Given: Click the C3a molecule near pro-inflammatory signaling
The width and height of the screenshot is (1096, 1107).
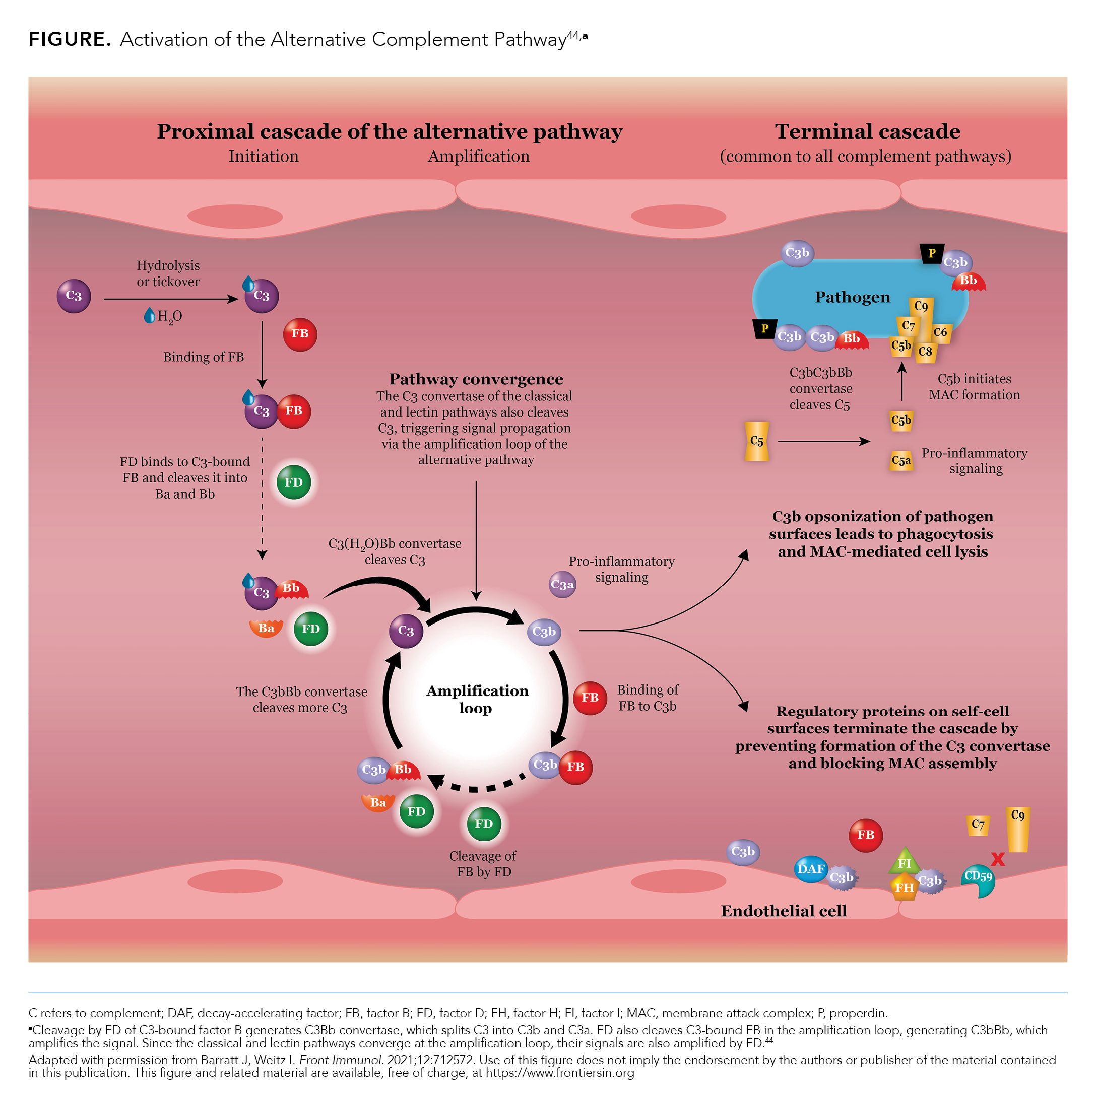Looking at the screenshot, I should (562, 584).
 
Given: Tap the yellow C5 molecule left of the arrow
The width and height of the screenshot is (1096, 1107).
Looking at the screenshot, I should (757, 441).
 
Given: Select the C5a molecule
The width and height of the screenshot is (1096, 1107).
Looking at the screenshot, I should (900, 461).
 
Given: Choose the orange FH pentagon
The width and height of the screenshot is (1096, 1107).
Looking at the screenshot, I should (904, 887).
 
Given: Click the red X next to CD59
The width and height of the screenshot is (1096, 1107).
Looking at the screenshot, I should (998, 859).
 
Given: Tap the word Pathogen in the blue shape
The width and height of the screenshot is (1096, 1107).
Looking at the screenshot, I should (853, 297).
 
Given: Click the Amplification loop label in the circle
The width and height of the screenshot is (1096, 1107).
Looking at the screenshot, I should (477, 699).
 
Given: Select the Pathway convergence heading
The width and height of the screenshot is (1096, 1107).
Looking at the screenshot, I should (476, 379).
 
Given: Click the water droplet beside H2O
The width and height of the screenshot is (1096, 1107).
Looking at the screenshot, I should (149, 315).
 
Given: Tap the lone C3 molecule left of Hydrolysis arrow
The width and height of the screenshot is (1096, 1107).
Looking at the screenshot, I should (74, 296).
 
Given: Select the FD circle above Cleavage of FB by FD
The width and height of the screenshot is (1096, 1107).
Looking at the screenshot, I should (484, 824).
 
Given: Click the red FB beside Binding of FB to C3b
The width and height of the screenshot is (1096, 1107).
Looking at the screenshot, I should (590, 698).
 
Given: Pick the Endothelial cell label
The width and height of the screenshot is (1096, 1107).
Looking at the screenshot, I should (784, 911).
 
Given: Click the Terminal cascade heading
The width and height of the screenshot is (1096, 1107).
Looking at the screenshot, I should (867, 132).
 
